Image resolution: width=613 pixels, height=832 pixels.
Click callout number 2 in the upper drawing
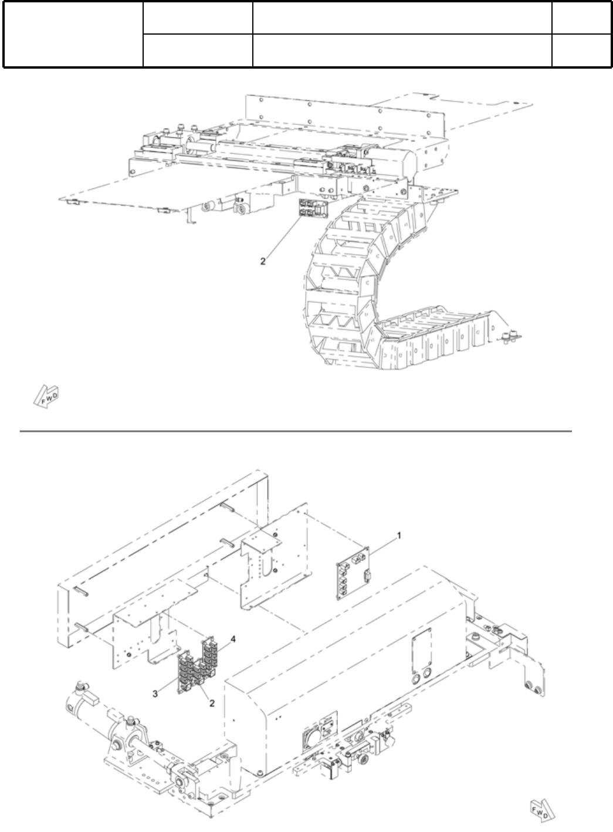click(x=263, y=262)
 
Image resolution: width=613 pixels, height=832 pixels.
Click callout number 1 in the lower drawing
click(x=399, y=535)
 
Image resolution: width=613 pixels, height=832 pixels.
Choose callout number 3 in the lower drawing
click(x=155, y=694)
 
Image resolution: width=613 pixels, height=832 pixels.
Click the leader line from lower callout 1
click(x=382, y=544)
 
